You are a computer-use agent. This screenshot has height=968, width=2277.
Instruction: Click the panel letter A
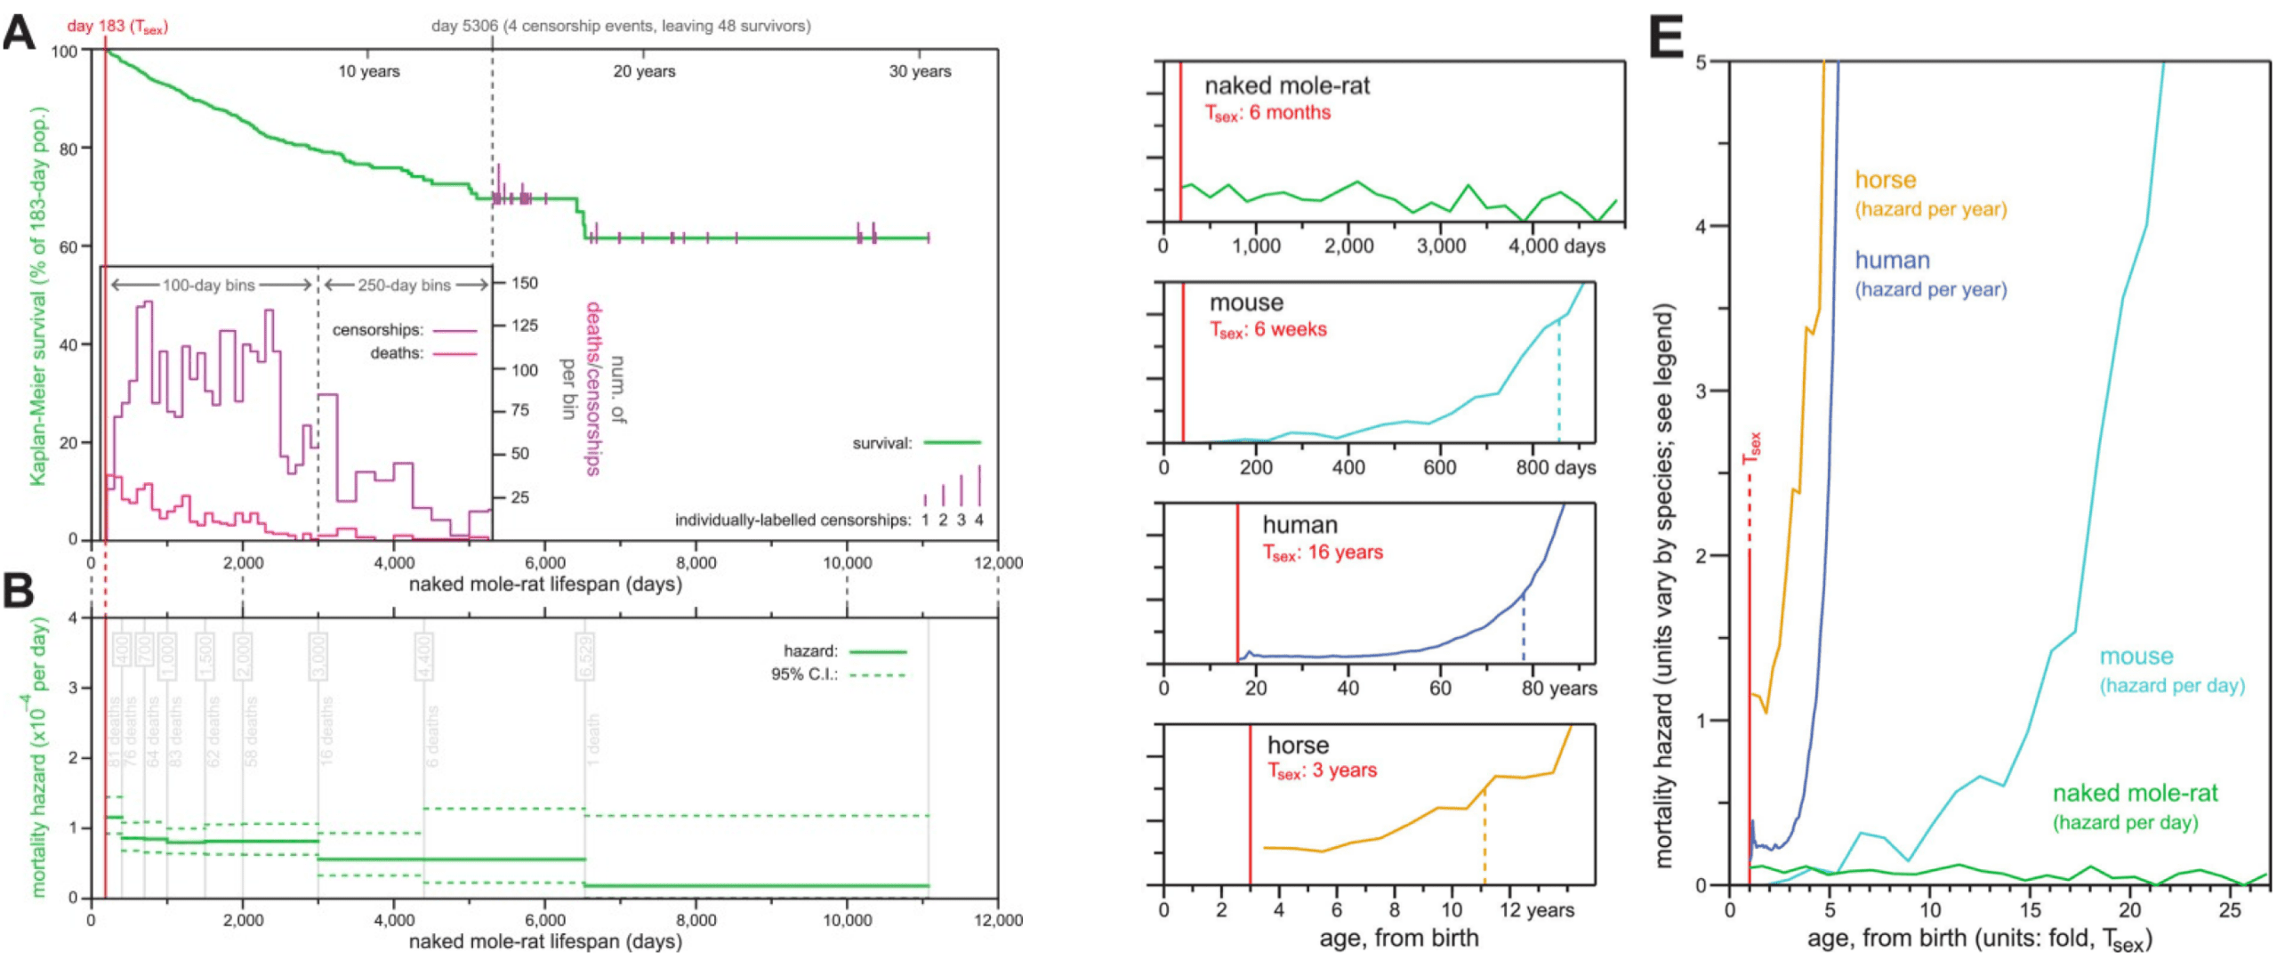[20, 34]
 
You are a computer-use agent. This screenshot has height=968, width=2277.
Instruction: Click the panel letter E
[1666, 39]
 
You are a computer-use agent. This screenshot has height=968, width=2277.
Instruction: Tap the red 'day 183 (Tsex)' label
[117, 26]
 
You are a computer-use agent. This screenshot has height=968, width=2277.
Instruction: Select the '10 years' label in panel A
[368, 71]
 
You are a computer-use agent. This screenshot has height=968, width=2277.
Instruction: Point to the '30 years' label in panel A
[919, 71]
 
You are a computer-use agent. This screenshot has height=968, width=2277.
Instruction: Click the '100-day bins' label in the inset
[208, 286]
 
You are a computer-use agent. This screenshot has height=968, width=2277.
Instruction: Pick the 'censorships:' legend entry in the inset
[377, 330]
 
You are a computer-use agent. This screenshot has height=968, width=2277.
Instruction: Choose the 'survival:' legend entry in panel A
[881, 443]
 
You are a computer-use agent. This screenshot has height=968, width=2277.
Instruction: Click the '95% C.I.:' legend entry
[803, 674]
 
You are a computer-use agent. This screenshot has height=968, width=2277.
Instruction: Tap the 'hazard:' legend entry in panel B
[810, 651]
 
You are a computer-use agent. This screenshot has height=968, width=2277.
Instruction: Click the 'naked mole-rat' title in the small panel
[1286, 86]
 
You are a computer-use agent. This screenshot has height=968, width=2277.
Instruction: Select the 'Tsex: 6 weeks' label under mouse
[1267, 330]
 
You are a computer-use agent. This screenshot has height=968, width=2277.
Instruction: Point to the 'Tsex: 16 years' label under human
[1323, 553]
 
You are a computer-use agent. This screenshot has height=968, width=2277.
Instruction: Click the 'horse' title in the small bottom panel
[1297, 746]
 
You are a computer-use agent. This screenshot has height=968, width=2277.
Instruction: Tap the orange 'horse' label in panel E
[1884, 181]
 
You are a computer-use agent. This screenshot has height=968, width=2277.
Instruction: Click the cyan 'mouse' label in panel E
[2136, 657]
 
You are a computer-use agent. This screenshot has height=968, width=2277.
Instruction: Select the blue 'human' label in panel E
[1891, 261]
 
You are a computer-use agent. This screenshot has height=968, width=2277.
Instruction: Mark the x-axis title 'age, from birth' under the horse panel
[1398, 938]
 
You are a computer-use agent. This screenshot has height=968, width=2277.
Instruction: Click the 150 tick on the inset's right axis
[524, 283]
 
